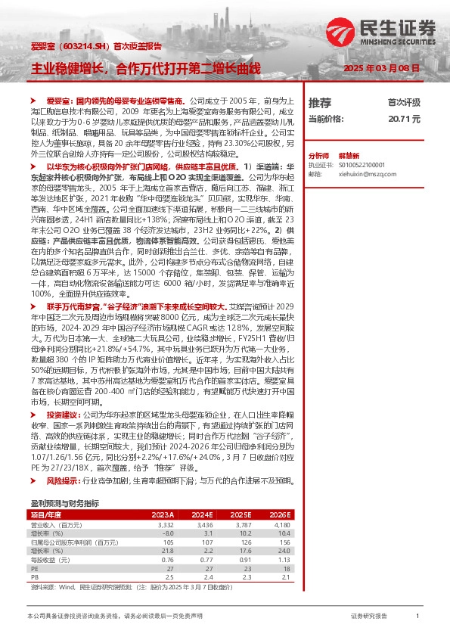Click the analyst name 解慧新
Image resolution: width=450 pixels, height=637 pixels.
click(347, 154)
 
